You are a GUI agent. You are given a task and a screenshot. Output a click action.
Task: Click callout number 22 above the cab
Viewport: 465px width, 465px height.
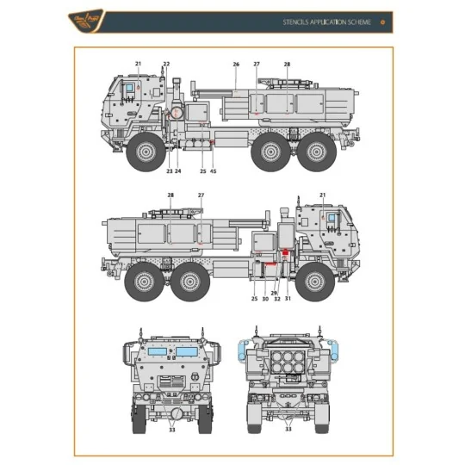click(166, 64)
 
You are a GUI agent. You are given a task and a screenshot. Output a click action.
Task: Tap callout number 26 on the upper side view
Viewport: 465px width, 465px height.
click(236, 64)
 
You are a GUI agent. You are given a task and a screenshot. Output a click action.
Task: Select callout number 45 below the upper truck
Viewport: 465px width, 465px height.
click(214, 170)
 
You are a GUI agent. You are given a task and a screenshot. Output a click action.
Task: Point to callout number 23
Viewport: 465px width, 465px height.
click(170, 170)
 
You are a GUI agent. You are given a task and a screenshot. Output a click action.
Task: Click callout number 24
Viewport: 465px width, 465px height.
click(178, 170)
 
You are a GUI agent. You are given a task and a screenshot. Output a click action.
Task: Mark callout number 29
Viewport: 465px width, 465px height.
click(274, 292)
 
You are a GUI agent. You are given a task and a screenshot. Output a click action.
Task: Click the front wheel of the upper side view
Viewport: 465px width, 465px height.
click(146, 154)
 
